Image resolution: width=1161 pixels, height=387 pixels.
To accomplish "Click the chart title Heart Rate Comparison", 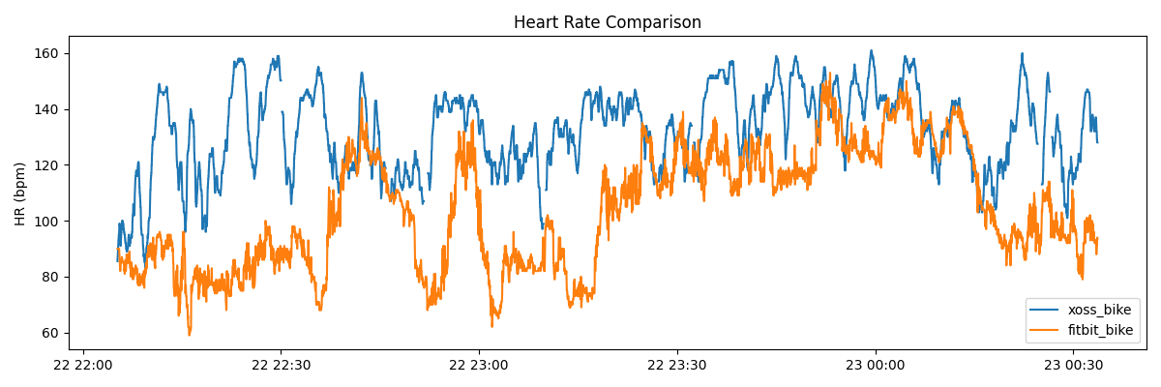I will pyautogui.click(x=607, y=22).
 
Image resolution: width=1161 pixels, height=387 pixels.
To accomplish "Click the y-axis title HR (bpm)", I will pyautogui.click(x=20, y=193).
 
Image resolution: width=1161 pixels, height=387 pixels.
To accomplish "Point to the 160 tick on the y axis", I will pyautogui.click(x=48, y=53).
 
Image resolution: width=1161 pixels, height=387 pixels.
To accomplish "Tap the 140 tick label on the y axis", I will pyautogui.click(x=48, y=109).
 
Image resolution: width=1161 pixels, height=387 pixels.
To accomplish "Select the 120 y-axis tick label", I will pyautogui.click(x=48, y=165).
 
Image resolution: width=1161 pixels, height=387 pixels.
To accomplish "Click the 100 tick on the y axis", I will pyautogui.click(x=48, y=222).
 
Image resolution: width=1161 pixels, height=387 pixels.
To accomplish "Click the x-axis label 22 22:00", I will pyautogui.click(x=83, y=365).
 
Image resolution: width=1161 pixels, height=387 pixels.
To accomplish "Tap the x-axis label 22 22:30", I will pyautogui.click(x=281, y=365).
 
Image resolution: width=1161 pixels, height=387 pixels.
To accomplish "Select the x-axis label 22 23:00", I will pyautogui.click(x=479, y=365).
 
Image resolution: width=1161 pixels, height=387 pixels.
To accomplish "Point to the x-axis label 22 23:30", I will pyautogui.click(x=677, y=365).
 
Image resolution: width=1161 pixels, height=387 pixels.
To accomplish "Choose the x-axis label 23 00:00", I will pyautogui.click(x=876, y=365).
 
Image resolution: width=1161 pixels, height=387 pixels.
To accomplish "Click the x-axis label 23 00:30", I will pyautogui.click(x=1073, y=365).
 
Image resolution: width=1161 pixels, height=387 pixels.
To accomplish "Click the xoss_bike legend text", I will pyautogui.click(x=1099, y=310).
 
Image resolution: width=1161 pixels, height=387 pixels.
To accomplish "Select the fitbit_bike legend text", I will pyautogui.click(x=1100, y=330).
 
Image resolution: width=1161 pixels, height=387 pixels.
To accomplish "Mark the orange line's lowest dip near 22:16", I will pyautogui.click(x=190, y=334).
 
